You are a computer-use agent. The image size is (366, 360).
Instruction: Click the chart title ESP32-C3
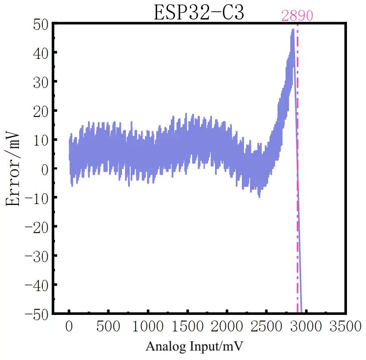[199, 13]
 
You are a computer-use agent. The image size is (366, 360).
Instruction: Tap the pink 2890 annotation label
[297, 16]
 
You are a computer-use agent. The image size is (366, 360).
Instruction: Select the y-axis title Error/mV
[13, 169]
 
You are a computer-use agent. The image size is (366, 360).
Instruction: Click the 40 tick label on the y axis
[41, 52]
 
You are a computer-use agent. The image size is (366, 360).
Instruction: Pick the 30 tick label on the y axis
[41, 81]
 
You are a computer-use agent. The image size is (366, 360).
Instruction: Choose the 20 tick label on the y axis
[41, 110]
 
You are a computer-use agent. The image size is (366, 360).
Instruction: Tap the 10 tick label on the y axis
[41, 139]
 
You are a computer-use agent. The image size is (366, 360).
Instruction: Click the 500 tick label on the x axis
[109, 326]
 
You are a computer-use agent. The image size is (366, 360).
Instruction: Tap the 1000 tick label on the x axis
[148, 326]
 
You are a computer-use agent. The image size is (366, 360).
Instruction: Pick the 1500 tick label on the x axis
[187, 326]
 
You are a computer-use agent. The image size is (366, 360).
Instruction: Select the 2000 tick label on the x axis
[227, 326]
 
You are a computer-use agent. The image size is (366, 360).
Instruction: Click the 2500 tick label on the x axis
[266, 326]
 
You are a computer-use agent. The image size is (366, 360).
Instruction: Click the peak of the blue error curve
[293, 29]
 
